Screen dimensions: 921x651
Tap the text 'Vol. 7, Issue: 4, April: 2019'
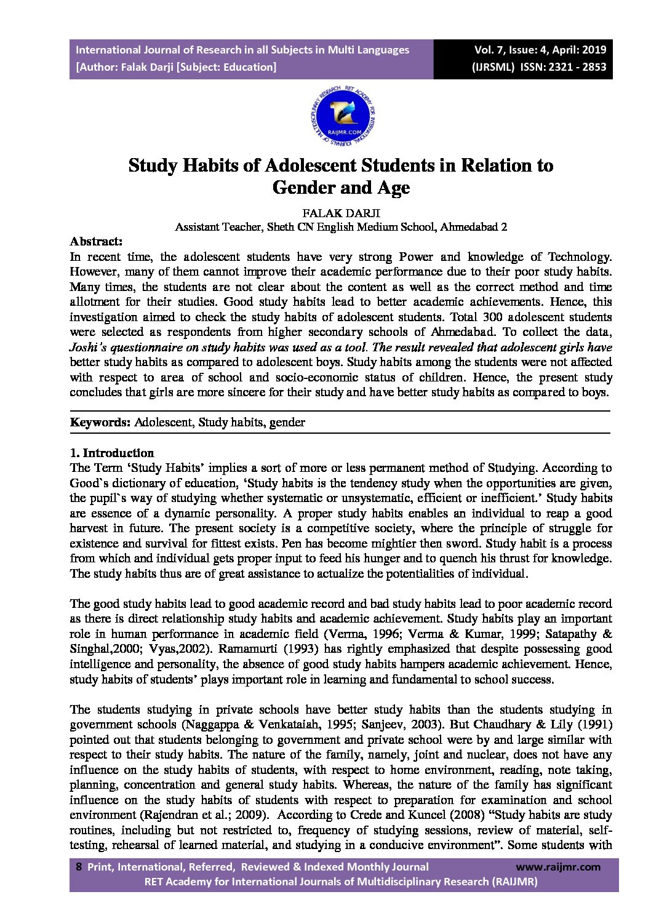point(540,50)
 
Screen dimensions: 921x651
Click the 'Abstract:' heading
point(96,241)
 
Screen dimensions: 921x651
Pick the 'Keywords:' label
point(100,422)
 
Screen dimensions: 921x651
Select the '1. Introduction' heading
point(112,453)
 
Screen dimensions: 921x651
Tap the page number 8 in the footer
point(78,867)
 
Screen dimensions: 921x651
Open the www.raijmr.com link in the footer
point(557,867)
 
